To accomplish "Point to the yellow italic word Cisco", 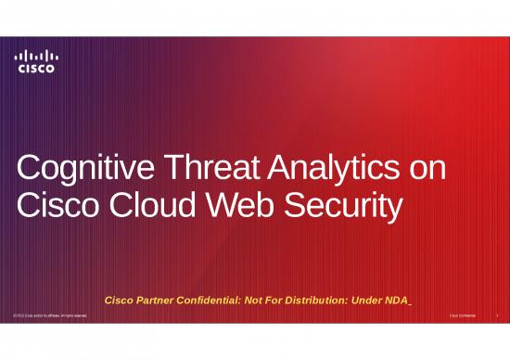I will tap(123, 299).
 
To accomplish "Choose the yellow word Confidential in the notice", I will tap(223, 299).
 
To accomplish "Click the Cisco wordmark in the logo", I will tap(36, 68).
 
